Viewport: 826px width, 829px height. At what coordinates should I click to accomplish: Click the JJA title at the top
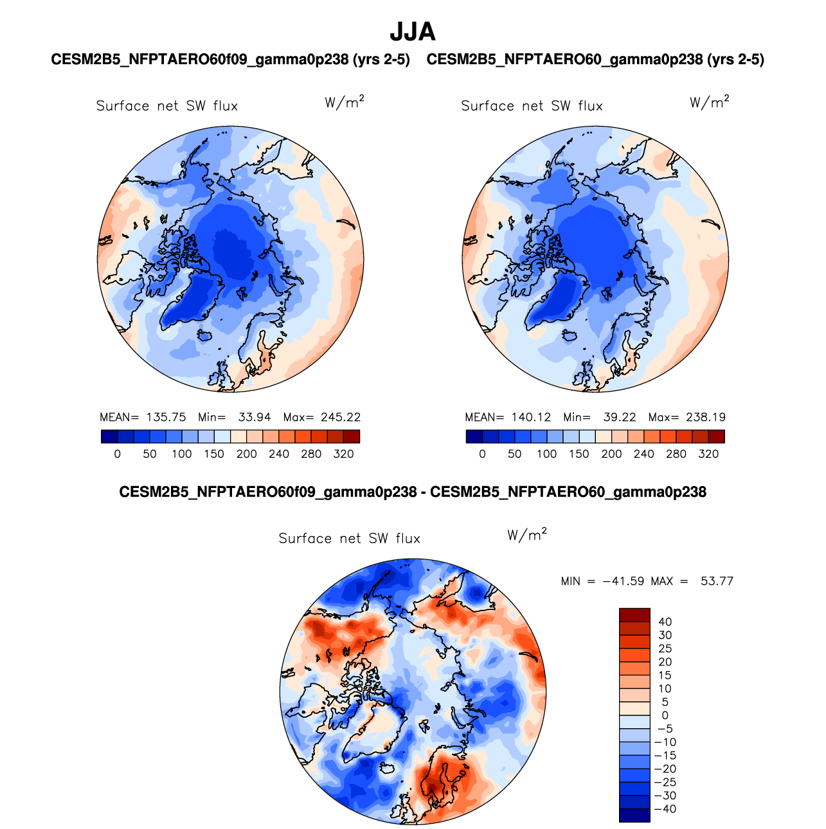click(x=413, y=31)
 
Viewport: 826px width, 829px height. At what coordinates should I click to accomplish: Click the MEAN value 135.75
click(x=166, y=417)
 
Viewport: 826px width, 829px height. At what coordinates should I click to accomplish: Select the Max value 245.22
click(x=341, y=417)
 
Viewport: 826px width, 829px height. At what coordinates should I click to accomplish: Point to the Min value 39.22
click(x=620, y=417)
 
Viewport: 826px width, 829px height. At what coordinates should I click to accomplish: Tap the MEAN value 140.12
click(x=532, y=417)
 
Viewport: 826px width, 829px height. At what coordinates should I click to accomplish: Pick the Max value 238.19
click(x=706, y=417)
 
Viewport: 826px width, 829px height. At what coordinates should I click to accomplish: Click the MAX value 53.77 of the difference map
click(x=717, y=582)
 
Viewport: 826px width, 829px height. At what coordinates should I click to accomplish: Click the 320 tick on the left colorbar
click(x=343, y=454)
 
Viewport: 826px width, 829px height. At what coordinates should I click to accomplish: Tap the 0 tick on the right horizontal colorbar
click(x=482, y=454)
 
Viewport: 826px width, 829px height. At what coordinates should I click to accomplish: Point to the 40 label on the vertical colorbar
click(x=665, y=622)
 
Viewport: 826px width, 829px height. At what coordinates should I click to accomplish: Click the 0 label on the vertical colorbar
click(x=665, y=715)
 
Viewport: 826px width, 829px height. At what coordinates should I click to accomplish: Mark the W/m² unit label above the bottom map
click(x=527, y=534)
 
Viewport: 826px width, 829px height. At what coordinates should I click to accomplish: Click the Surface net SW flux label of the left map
click(x=167, y=106)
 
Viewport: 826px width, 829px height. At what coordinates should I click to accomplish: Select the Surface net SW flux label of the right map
click(x=532, y=106)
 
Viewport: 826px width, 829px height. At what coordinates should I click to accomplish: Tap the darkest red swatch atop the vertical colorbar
click(x=634, y=615)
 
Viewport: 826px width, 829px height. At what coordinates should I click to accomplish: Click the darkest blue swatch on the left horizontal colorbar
click(x=109, y=437)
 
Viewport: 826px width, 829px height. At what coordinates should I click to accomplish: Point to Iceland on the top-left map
click(x=206, y=335)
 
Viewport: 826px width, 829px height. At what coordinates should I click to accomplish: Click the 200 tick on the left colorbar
click(x=246, y=454)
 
